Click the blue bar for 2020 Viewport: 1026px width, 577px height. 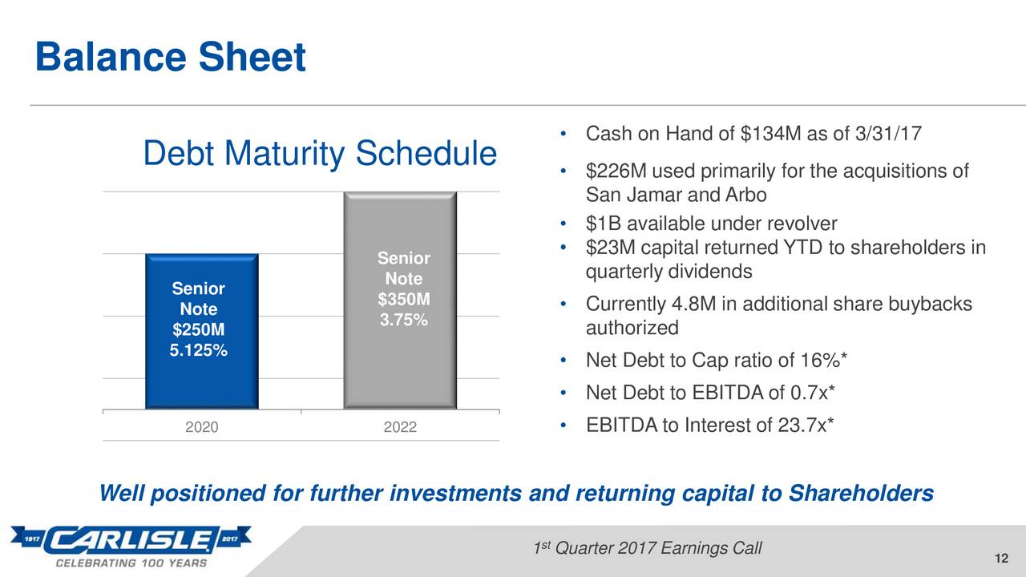(201, 331)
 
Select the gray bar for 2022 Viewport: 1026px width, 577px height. (400, 300)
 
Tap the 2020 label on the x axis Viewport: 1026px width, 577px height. (201, 427)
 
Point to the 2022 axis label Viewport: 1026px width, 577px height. (400, 427)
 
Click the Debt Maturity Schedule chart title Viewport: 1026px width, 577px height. (320, 153)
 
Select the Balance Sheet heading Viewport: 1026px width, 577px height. (171, 57)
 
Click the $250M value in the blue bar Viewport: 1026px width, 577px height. (198, 329)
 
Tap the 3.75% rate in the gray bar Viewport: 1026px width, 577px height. (403, 320)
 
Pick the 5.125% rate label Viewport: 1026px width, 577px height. (198, 350)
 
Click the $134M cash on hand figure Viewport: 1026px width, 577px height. (771, 134)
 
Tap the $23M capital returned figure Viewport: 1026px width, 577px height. (611, 248)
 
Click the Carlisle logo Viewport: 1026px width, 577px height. (131, 547)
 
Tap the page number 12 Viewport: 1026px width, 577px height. (1001, 559)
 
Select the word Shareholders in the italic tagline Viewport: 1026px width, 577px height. (861, 493)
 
